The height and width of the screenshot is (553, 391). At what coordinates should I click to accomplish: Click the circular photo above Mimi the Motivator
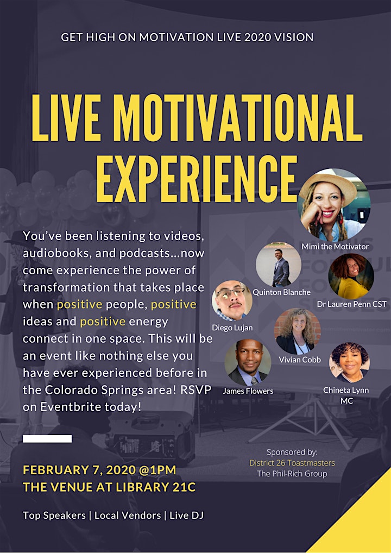pos(333,205)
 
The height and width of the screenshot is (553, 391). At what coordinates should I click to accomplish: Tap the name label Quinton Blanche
pos(281,292)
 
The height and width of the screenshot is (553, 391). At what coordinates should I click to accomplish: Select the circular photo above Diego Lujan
pos(232,300)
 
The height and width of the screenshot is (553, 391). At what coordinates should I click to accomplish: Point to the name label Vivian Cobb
pos(300,360)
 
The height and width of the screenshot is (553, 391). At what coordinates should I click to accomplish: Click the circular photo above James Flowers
pos(248,362)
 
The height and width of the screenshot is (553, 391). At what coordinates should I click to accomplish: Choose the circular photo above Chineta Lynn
pos(349,362)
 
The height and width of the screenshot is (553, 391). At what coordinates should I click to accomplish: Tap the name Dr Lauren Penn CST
pos(351,304)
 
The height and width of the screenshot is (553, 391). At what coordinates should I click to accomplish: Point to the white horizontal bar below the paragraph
pos(47,439)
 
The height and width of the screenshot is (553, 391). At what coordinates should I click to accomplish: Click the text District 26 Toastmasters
pos(292,463)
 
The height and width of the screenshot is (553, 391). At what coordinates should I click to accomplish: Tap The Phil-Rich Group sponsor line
pos(292,473)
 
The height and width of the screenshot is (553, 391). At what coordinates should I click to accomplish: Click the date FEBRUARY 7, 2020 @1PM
pos(99,470)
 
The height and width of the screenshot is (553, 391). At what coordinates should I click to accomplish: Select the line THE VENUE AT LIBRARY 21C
pos(109,487)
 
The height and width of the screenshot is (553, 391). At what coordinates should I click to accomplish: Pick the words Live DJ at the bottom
pos(186,516)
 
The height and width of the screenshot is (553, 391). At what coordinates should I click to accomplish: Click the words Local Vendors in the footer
pos(128,516)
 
